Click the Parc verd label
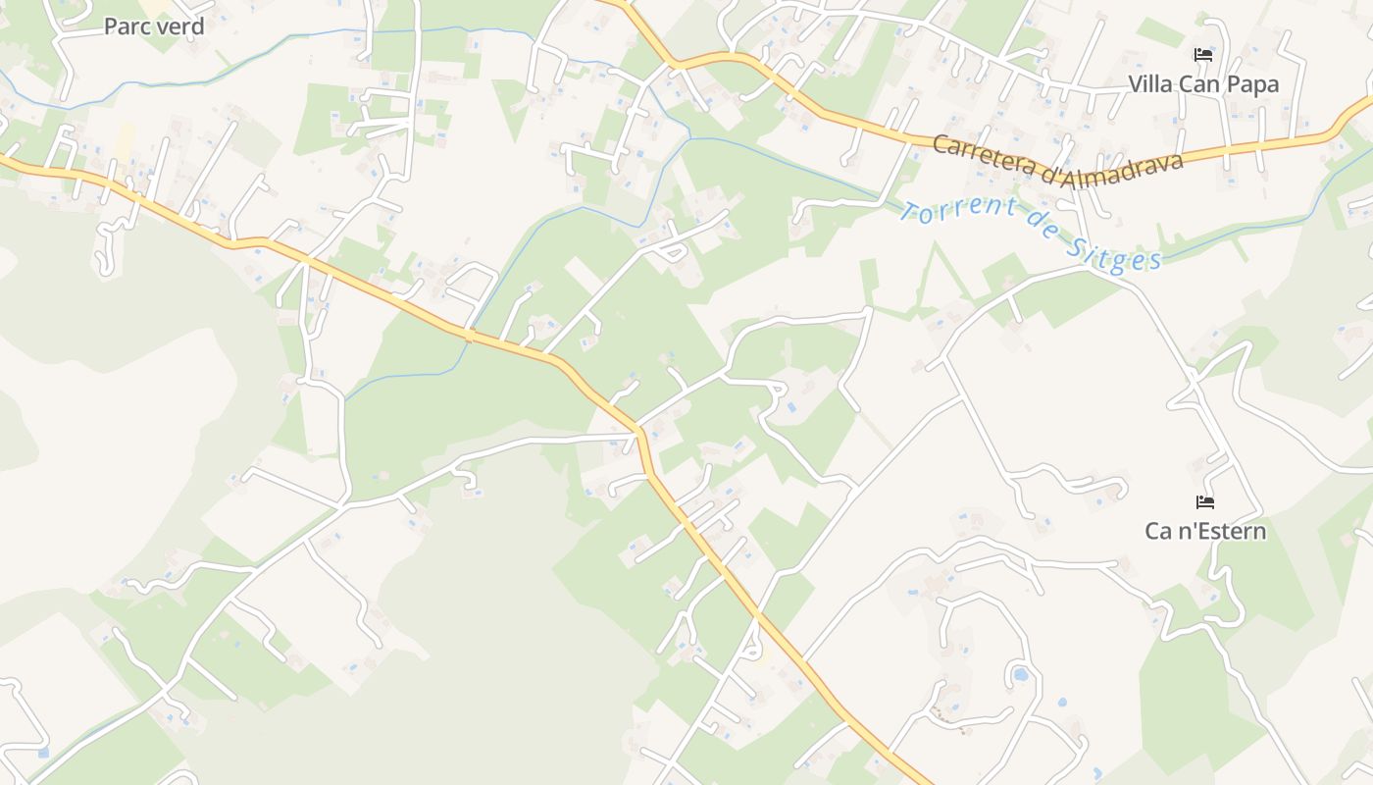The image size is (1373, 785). tap(154, 26)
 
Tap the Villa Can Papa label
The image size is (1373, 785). tap(1203, 84)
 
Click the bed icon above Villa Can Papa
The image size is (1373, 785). tap(1203, 55)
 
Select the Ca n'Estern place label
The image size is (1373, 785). tap(1205, 531)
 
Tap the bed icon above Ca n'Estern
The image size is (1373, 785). tap(1205, 502)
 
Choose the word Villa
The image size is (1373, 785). tap(1150, 84)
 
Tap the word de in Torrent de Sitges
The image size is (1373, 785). tap(1042, 235)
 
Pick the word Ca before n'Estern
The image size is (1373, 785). tap(1158, 531)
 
